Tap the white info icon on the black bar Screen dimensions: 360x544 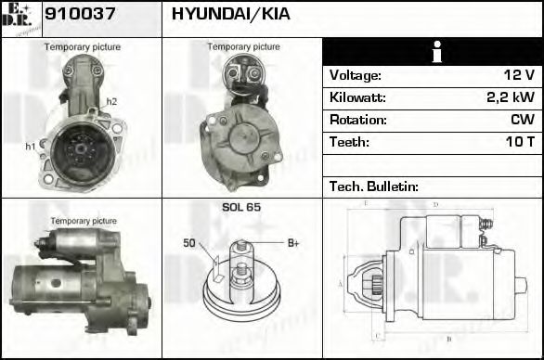433,53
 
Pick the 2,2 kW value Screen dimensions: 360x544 511,97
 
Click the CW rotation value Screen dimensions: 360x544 523,120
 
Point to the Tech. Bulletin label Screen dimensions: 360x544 374,186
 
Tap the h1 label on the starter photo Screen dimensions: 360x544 30,146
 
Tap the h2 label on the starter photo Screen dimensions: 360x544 111,101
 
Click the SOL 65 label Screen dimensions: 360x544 241,208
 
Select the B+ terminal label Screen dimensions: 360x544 293,243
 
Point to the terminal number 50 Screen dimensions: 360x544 188,243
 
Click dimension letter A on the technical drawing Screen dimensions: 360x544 341,283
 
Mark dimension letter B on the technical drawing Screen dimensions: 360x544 448,338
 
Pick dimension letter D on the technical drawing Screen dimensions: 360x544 434,204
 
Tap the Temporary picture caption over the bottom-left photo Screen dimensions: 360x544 84,221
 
